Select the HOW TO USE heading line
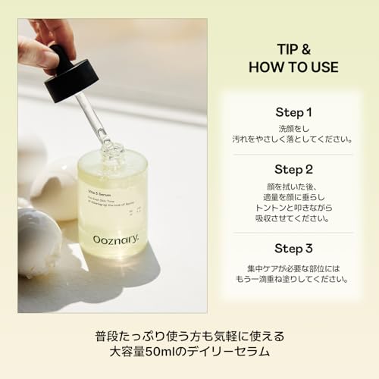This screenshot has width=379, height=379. [293, 67]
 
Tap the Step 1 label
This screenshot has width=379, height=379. [293, 112]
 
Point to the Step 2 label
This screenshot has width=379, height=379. [293, 168]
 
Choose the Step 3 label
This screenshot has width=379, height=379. [293, 248]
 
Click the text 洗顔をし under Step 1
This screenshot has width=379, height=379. [293, 127]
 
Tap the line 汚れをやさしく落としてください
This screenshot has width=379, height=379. [293, 139]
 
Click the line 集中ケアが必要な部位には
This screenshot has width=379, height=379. [293, 266]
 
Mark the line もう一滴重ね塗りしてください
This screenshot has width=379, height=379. [293, 278]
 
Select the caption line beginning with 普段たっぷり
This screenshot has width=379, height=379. [189, 334]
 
